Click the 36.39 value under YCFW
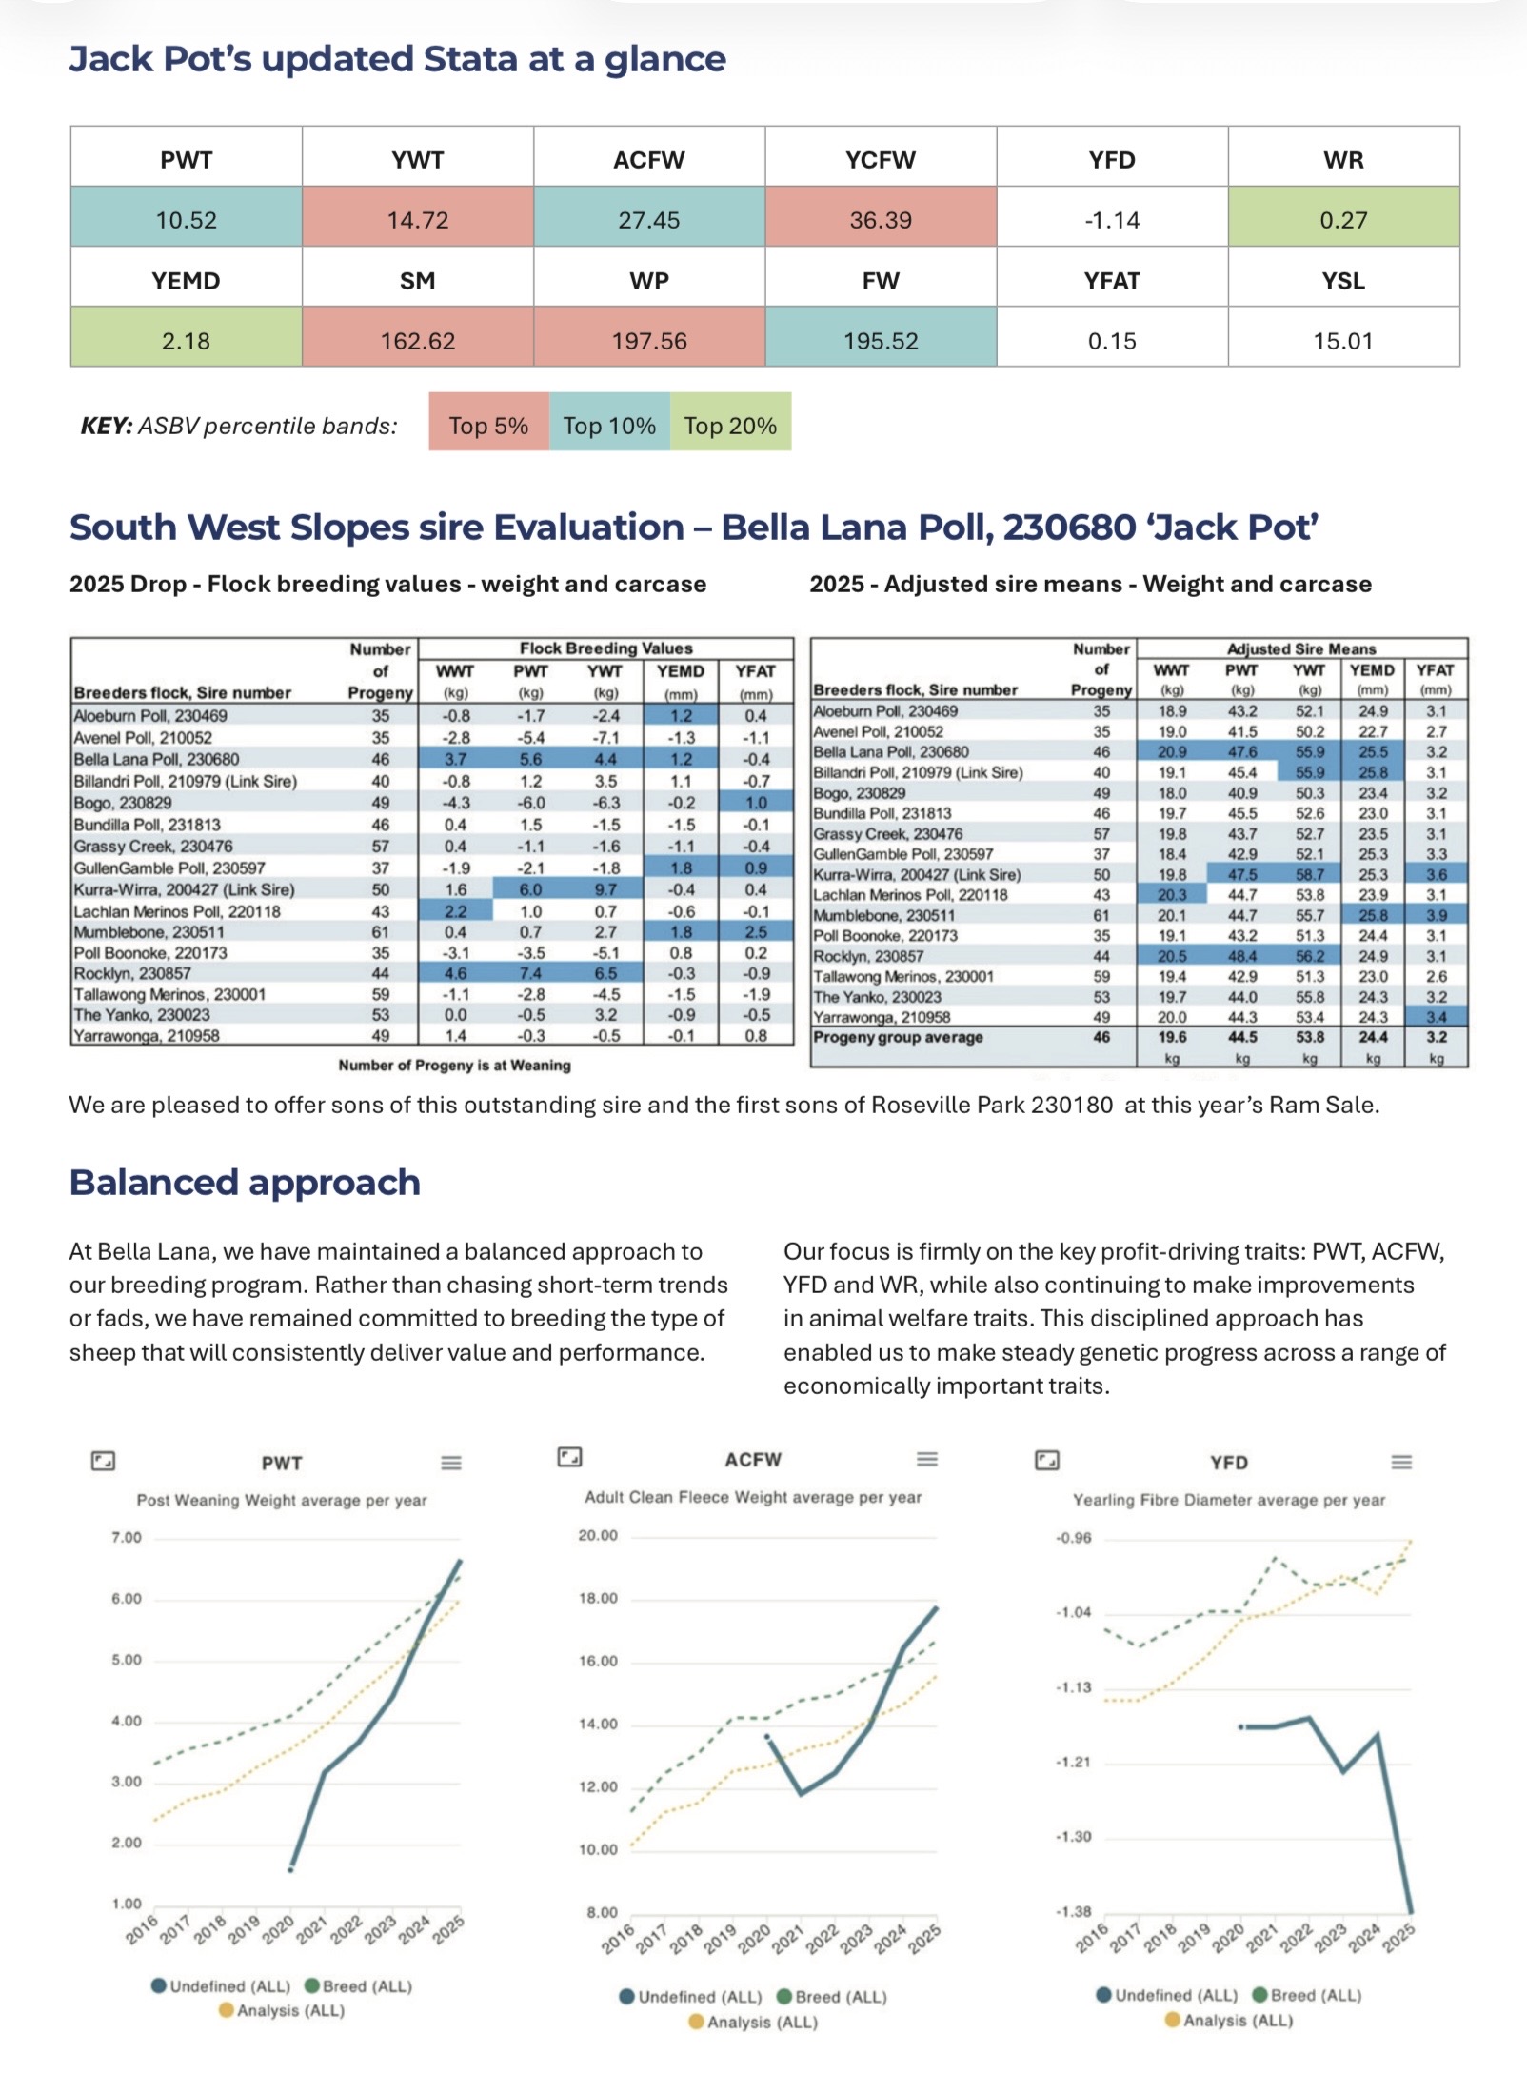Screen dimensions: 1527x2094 point(881,220)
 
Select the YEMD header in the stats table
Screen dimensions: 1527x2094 point(186,281)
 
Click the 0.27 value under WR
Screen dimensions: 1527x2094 point(1343,220)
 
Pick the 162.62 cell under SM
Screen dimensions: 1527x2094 point(418,341)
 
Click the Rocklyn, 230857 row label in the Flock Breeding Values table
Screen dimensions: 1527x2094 point(132,973)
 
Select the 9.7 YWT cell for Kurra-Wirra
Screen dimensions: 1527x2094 point(605,889)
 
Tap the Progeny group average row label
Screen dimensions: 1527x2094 point(898,1037)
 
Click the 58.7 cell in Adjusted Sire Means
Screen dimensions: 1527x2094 point(1309,874)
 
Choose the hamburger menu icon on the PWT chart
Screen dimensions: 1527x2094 point(451,1462)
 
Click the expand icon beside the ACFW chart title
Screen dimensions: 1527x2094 point(569,1457)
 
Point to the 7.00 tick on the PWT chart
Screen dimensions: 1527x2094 point(127,1537)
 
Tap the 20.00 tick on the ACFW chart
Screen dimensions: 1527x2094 point(598,1535)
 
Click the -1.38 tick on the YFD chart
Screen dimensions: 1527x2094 point(1074,1911)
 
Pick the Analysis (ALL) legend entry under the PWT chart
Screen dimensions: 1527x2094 point(282,2010)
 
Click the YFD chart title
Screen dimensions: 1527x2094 point(1229,1462)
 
